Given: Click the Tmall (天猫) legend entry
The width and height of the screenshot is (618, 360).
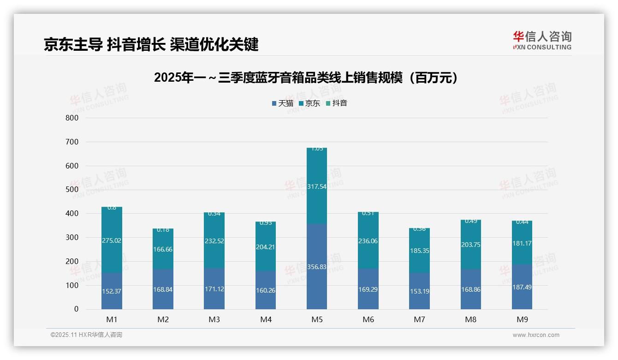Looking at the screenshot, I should [x=283, y=103].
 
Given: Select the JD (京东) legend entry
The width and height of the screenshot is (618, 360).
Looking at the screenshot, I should [x=310, y=103].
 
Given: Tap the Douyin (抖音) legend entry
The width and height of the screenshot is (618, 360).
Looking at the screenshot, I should [x=337, y=103].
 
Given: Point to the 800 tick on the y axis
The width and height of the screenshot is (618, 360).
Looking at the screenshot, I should [x=72, y=118].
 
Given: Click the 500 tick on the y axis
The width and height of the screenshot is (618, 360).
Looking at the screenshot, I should [x=72, y=190].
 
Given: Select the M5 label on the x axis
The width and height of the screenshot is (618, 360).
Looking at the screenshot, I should [x=317, y=319].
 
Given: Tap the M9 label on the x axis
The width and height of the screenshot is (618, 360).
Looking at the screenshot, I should [x=522, y=319].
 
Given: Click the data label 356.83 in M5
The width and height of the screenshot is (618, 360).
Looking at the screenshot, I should [x=317, y=267].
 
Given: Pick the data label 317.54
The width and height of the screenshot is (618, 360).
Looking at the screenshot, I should [x=317, y=186].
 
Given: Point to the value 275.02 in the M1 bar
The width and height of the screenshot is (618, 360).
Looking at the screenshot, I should [x=112, y=240].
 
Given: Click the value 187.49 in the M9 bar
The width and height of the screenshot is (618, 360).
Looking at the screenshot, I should [x=522, y=287].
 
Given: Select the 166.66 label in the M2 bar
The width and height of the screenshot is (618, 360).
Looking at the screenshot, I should [x=163, y=249].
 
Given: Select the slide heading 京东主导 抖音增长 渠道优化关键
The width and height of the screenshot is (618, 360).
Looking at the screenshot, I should [x=151, y=44].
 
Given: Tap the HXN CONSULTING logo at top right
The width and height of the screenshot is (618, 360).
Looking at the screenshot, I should [x=542, y=41].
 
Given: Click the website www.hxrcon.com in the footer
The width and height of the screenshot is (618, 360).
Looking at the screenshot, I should [x=536, y=335].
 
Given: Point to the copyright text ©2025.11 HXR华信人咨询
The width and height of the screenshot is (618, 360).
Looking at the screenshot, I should [x=86, y=335].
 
